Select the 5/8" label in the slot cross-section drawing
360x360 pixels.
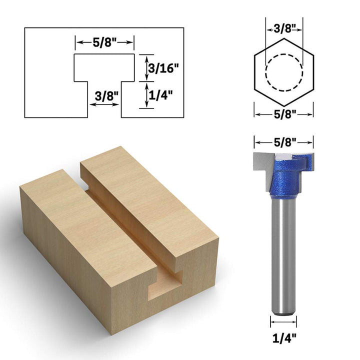click(104, 42)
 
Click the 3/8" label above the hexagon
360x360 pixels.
click(284, 29)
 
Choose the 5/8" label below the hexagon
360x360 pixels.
click(284, 114)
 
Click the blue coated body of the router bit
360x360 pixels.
click(284, 177)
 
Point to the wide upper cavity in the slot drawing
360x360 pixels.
click(104, 67)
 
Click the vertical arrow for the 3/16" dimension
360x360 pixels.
click(140, 68)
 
